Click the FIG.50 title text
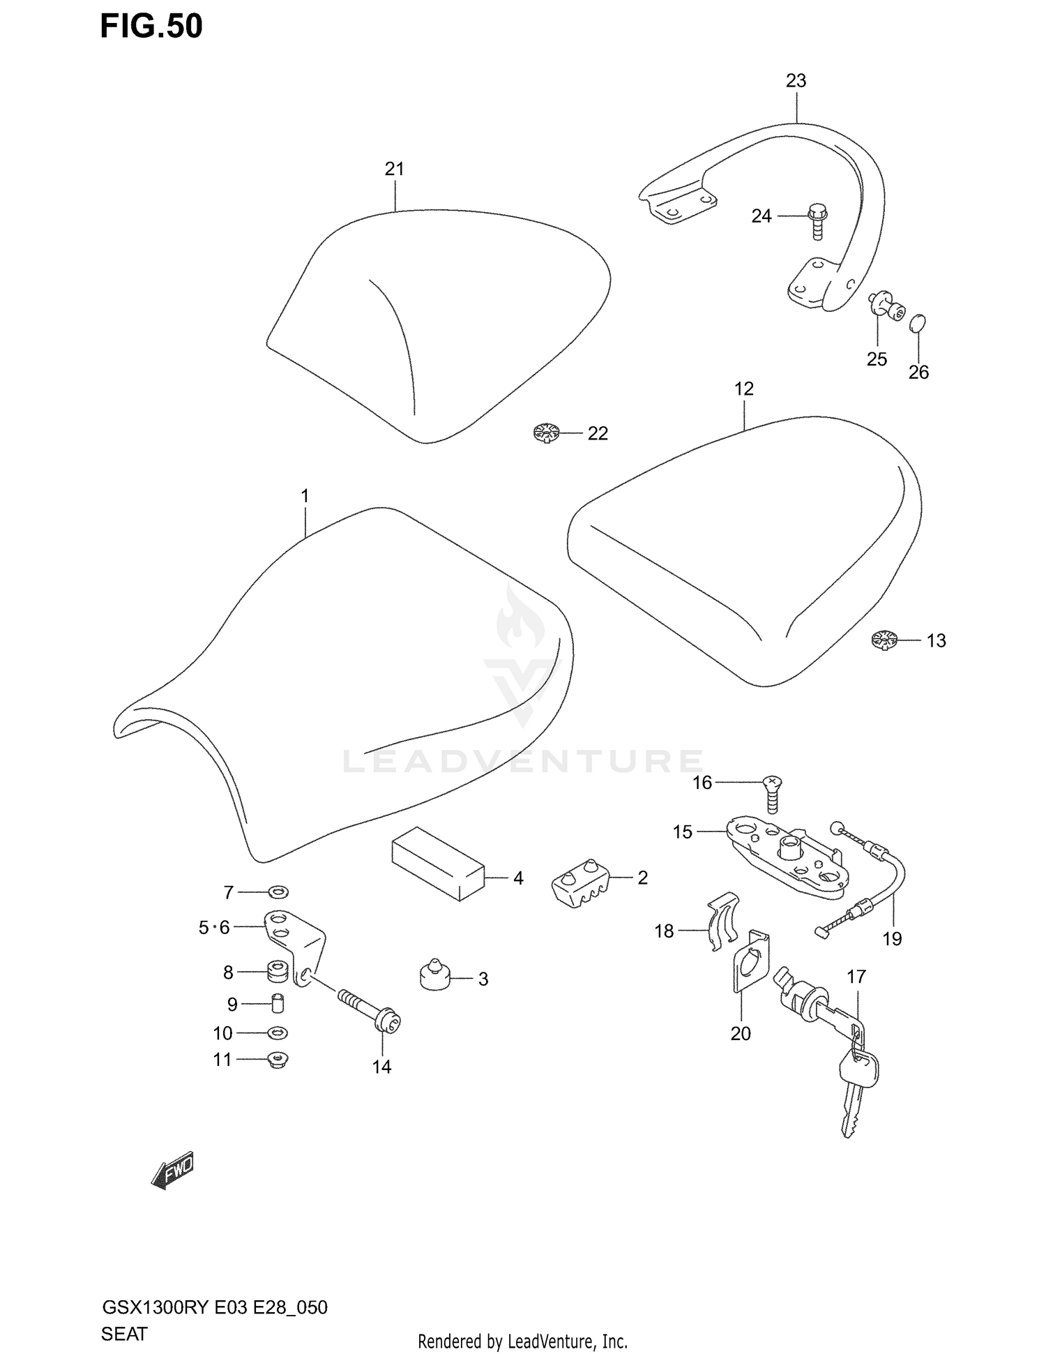(x=151, y=26)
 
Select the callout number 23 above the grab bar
(x=796, y=81)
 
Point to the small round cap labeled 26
(x=918, y=322)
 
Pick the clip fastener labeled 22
(x=547, y=433)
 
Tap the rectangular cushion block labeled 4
(x=437, y=864)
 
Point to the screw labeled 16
(x=773, y=793)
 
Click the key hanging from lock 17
(x=856, y=1088)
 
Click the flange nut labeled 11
(x=278, y=1060)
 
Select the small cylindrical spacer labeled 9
(x=278, y=1004)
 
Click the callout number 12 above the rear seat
(x=744, y=389)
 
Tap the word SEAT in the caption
(x=124, y=1333)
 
